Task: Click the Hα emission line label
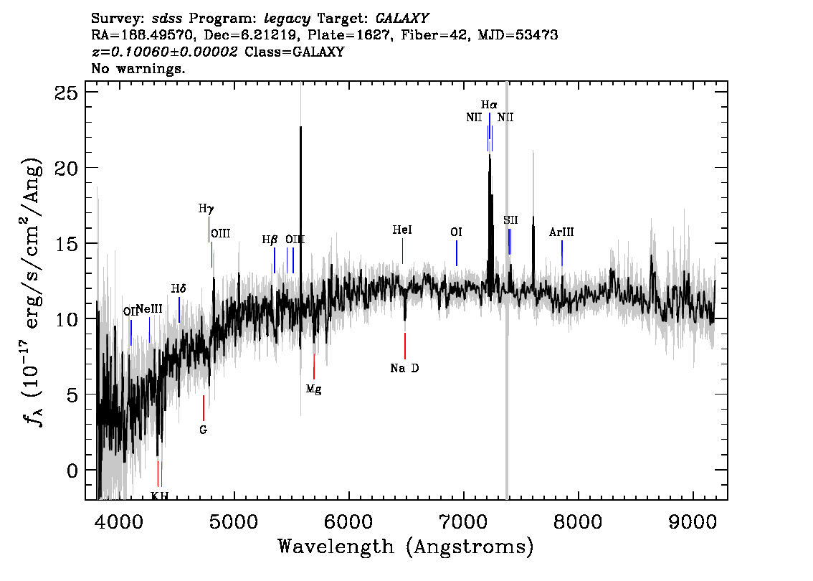[x=489, y=105]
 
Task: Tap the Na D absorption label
[x=404, y=368]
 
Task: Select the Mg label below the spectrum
[x=314, y=389]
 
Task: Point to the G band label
[x=204, y=430]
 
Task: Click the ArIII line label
[x=561, y=232]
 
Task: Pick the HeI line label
[x=402, y=230]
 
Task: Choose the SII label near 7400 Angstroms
[x=510, y=220]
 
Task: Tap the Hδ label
[x=179, y=288]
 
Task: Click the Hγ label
[x=206, y=209]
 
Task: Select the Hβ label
[x=270, y=240]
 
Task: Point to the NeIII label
[x=150, y=309]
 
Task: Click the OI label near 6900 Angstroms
[x=456, y=232]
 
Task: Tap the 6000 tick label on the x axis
[x=349, y=521]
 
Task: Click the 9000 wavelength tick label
[x=693, y=521]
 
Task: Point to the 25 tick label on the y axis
[x=66, y=93]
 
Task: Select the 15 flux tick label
[x=66, y=243]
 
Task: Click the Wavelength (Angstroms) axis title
[x=406, y=547]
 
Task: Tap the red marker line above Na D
[x=405, y=346]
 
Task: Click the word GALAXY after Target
[x=401, y=19]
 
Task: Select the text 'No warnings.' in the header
[x=138, y=68]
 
